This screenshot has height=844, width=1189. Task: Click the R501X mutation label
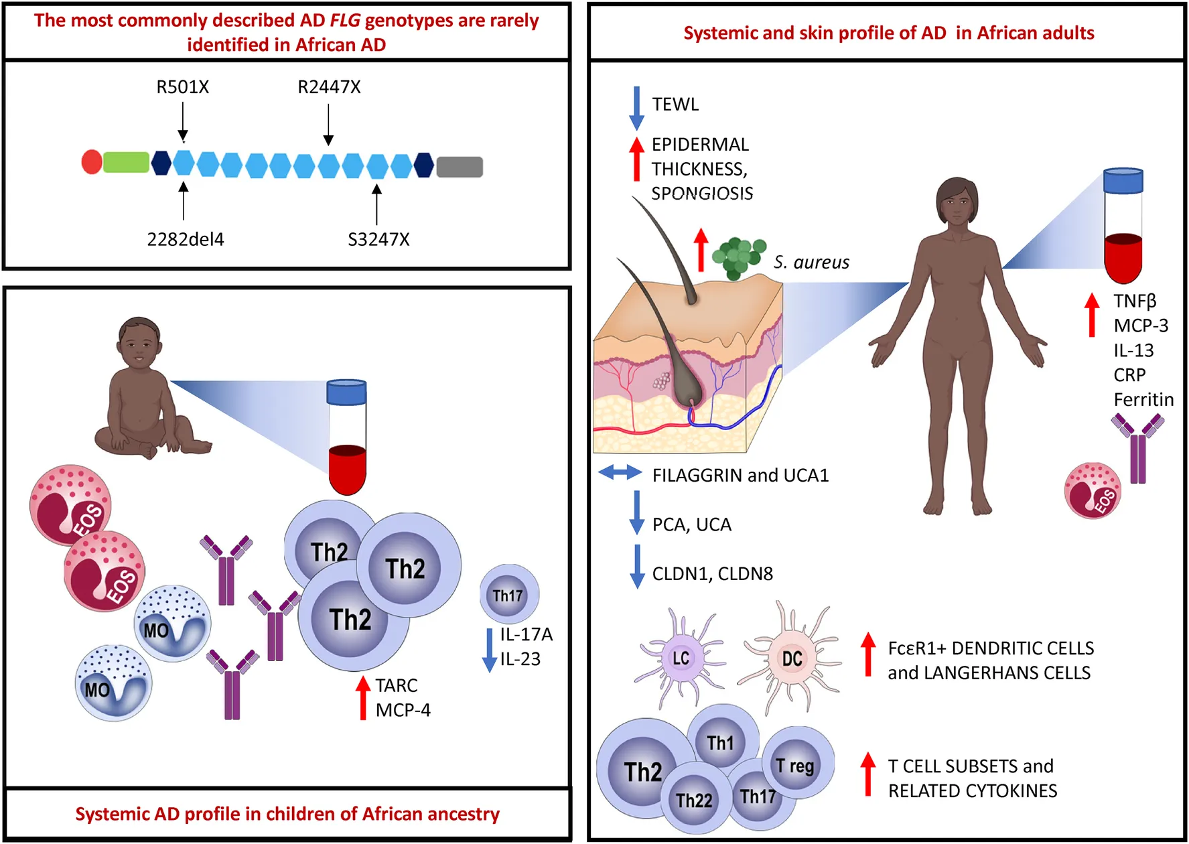click(x=182, y=87)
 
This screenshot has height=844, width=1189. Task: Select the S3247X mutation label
click(x=378, y=239)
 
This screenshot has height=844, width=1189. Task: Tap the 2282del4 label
click(x=186, y=239)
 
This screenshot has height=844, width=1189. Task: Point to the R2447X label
click(x=329, y=87)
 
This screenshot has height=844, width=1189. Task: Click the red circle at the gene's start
click(x=92, y=162)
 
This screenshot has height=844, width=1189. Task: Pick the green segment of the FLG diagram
click(x=126, y=162)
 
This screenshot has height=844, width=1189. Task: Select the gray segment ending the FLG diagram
click(x=460, y=166)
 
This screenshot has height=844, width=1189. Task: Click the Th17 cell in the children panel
click(x=509, y=595)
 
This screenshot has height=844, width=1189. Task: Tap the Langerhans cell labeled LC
click(x=680, y=658)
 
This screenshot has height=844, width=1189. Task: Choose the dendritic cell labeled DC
click(x=792, y=658)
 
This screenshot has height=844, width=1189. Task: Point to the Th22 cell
click(x=695, y=800)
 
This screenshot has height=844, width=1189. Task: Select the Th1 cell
click(x=721, y=742)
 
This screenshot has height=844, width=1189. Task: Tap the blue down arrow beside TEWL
click(x=636, y=107)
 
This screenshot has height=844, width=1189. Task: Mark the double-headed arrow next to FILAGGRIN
click(x=620, y=473)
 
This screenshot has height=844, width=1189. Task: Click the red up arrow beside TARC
click(x=363, y=697)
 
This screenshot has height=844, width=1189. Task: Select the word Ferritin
click(x=1143, y=400)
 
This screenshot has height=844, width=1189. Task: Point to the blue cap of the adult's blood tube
click(x=1123, y=180)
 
